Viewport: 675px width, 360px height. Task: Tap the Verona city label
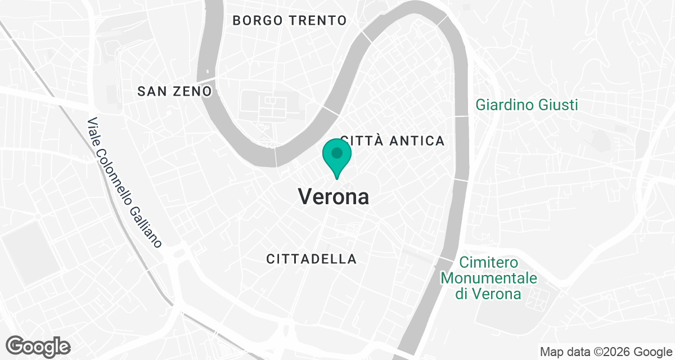tap(334, 197)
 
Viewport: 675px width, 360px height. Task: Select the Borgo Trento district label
tap(289, 21)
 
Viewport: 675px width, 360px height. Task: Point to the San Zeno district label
tap(174, 91)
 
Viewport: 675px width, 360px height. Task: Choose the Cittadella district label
tap(311, 259)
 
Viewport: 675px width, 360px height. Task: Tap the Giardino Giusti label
tap(526, 105)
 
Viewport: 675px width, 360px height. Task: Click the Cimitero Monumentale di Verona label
tap(489, 278)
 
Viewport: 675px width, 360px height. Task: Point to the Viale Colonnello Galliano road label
tap(125, 183)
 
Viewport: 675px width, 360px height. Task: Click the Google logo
tap(39, 346)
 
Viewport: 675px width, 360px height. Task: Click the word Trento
tap(318, 21)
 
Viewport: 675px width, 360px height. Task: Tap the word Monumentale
tap(489, 278)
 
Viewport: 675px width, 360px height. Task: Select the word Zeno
tap(193, 91)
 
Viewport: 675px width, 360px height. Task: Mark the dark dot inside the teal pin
tap(336, 152)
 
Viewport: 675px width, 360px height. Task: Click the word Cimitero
tap(488, 263)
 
